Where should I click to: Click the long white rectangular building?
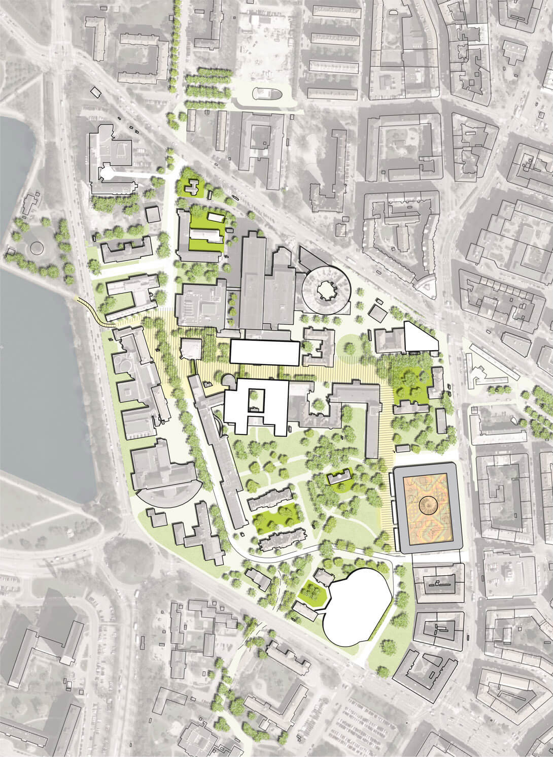[x=264, y=352]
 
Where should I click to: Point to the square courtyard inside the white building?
[x=256, y=400]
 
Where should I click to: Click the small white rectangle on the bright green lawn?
[x=216, y=218]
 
